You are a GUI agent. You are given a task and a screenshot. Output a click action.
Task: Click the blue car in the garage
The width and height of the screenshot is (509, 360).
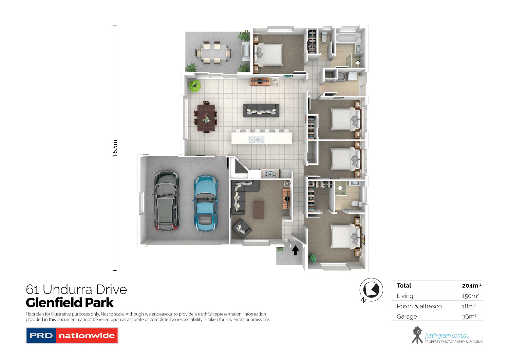(205, 203)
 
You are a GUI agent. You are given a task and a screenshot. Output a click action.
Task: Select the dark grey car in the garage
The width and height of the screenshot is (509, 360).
(167, 200)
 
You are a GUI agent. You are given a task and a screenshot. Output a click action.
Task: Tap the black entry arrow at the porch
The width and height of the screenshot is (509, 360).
(296, 250)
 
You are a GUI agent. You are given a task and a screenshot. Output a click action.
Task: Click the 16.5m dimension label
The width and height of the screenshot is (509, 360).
(115, 148)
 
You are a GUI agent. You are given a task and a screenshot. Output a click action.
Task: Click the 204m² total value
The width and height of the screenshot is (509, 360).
(471, 286)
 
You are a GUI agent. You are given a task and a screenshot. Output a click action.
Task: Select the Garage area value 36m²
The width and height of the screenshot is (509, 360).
(469, 317)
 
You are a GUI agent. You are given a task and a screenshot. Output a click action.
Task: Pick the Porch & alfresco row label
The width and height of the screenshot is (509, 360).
(419, 306)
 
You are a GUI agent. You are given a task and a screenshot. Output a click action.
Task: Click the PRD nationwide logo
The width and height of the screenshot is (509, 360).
(72, 336)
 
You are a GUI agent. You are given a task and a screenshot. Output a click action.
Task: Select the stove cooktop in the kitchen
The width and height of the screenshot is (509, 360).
(270, 174)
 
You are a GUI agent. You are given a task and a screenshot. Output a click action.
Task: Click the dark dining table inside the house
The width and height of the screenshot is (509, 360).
(206, 118)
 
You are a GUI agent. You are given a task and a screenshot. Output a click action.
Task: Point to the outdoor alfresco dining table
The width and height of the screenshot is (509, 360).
(212, 53)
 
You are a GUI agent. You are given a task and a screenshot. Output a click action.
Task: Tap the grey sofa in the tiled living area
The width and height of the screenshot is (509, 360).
(261, 110)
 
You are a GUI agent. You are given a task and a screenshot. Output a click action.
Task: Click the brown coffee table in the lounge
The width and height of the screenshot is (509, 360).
(259, 210)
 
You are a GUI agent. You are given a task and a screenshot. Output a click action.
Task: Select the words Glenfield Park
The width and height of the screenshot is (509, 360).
(70, 303)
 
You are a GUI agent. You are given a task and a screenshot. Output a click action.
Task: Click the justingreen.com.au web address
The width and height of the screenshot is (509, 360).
(447, 336)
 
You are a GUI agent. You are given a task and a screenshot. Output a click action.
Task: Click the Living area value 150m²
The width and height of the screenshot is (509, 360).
(470, 296)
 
